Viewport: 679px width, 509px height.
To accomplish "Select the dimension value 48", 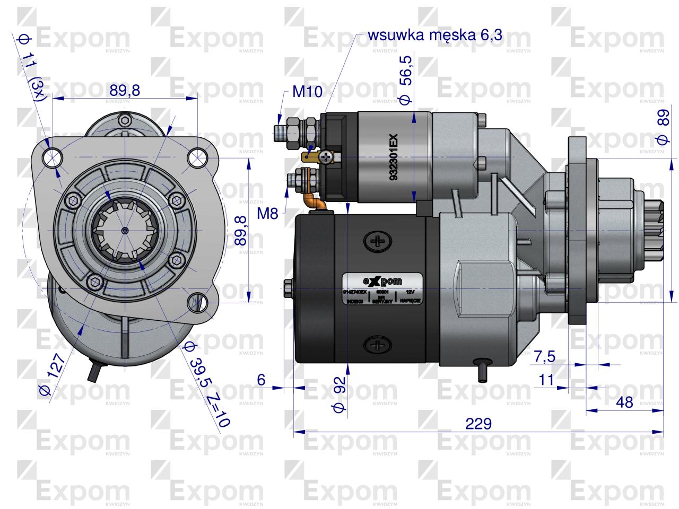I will (x=625, y=402).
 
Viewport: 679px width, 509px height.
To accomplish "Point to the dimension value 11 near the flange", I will (x=546, y=380).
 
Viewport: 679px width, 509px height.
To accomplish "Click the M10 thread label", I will (x=307, y=92).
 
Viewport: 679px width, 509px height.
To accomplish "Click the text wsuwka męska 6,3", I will (x=434, y=36).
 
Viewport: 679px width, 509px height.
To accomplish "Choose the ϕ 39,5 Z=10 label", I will (x=205, y=384).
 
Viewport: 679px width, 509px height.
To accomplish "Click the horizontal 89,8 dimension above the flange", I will (x=125, y=90).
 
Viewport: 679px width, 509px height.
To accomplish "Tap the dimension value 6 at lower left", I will (x=261, y=380).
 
